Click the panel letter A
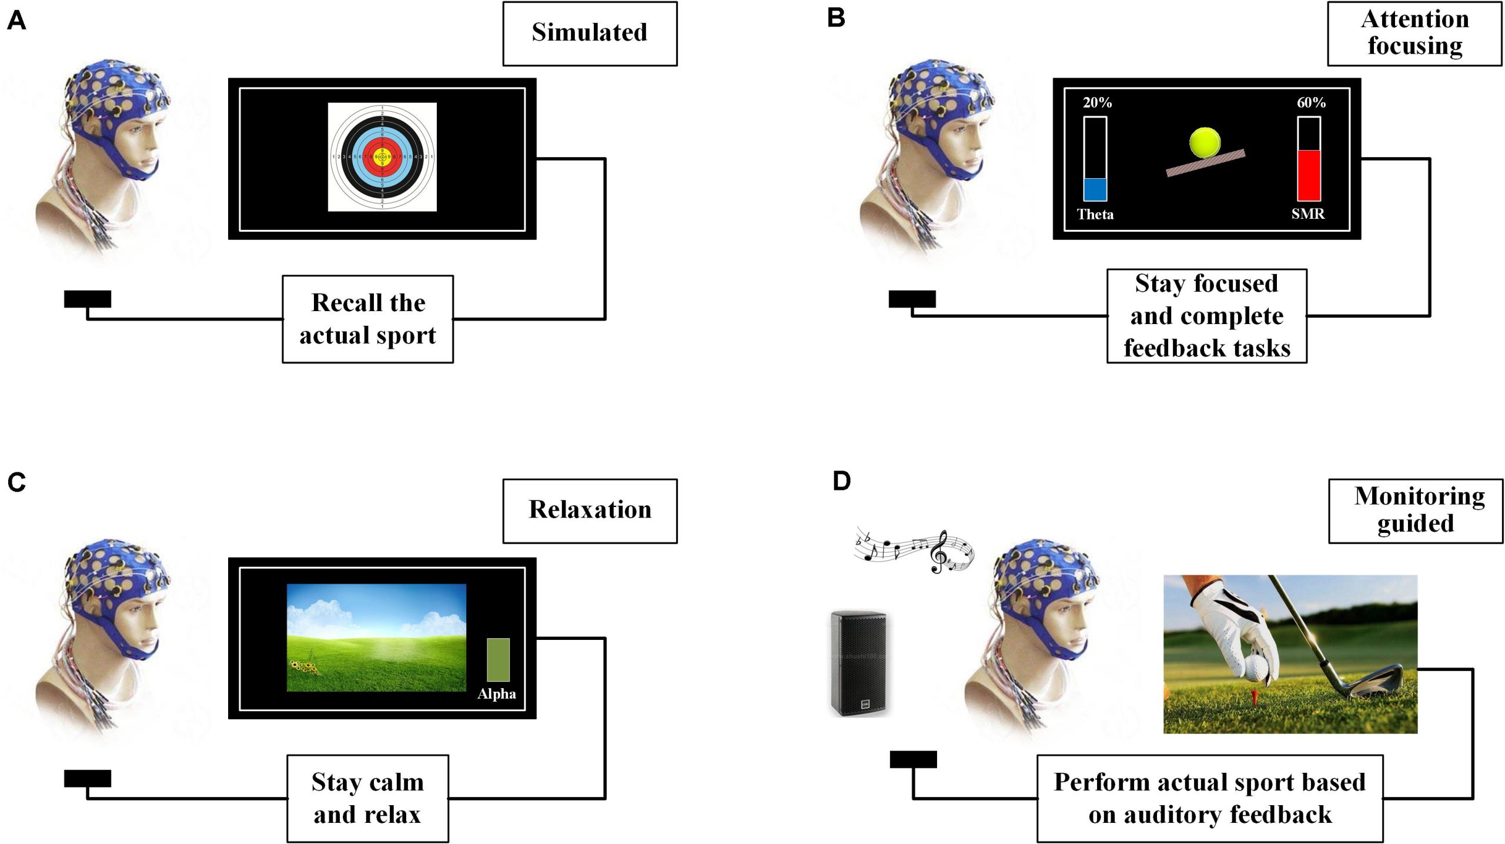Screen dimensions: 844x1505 click(16, 21)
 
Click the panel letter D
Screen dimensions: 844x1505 click(842, 481)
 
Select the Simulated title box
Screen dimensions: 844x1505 click(590, 34)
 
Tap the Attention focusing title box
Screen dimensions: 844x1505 click(1414, 34)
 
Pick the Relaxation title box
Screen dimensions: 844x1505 click(590, 511)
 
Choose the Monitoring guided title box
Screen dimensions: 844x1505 click(1416, 511)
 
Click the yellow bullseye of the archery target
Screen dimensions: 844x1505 click(382, 157)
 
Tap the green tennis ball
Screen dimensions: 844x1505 click(1205, 143)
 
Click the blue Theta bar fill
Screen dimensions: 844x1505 click(1095, 189)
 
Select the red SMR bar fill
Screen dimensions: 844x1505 click(1309, 175)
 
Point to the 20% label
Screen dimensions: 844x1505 click(1097, 103)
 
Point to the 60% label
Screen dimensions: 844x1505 click(1311, 103)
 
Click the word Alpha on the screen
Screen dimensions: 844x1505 click(497, 694)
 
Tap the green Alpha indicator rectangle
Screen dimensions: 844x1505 click(498, 659)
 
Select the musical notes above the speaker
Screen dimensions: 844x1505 click(914, 550)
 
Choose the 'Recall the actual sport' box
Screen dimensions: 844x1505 click(367, 319)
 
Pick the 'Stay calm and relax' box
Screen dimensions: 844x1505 click(367, 798)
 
